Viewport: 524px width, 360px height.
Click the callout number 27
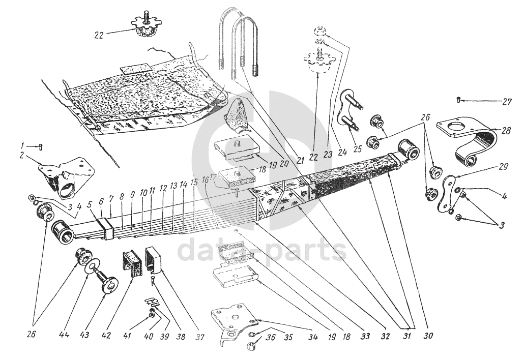tap(506, 102)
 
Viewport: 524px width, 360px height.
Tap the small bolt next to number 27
tap(459, 100)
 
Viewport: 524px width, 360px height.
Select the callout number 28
tap(506, 131)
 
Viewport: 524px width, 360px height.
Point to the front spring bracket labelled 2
tap(66, 176)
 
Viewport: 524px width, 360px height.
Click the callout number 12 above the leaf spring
tap(163, 188)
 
